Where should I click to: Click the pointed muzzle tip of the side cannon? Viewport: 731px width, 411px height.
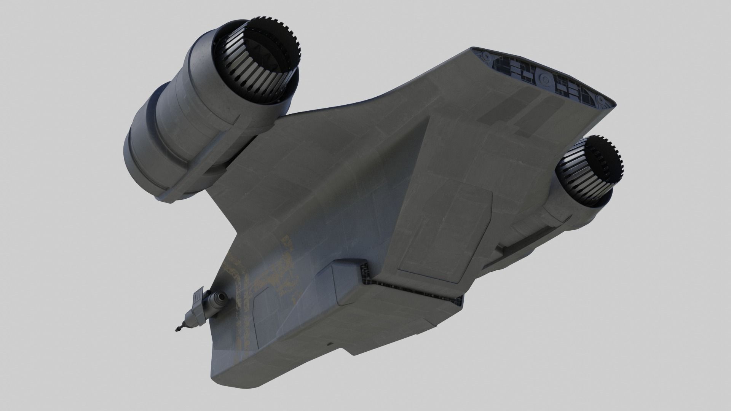pyautogui.click(x=177, y=328)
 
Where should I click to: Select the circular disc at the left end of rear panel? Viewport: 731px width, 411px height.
pyautogui.click(x=486, y=57)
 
